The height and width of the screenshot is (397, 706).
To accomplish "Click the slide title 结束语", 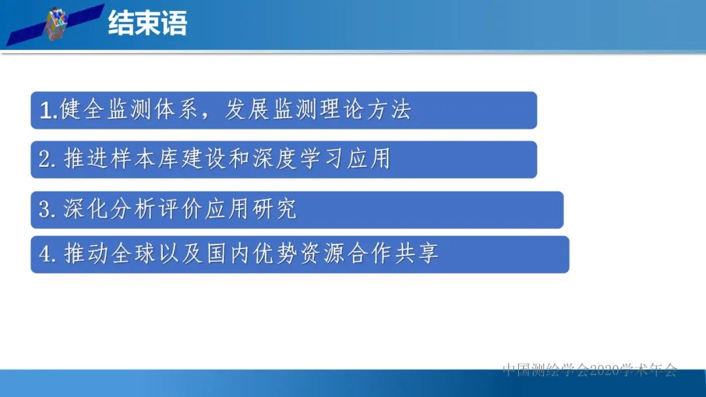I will tap(148, 24).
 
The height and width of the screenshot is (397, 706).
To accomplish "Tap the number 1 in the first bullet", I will tap(45, 111).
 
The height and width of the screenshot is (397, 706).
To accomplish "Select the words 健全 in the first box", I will tap(83, 110).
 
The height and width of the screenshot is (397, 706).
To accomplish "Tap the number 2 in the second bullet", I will tap(44, 160).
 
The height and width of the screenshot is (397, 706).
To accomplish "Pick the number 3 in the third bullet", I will tap(44, 210).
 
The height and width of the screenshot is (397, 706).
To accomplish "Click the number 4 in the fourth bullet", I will tap(45, 254).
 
